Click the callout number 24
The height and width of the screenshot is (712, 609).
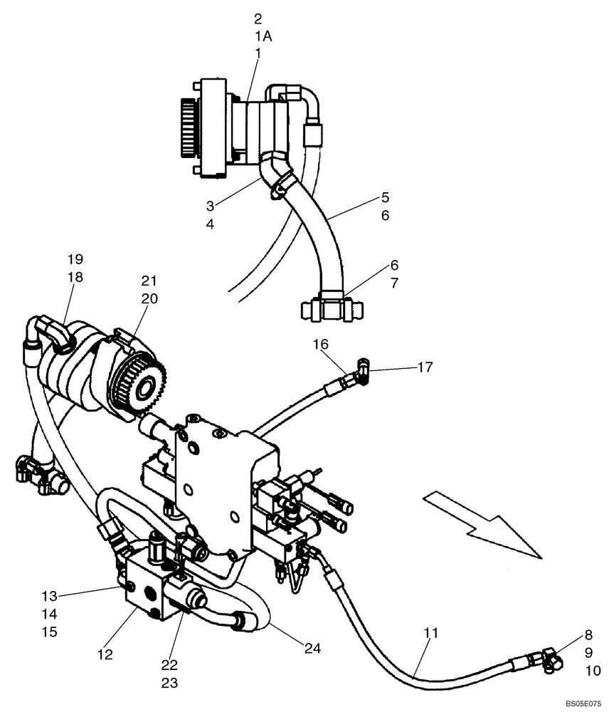point(312,648)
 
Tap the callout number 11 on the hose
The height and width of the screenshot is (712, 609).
point(431,632)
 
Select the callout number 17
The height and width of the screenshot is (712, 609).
point(425,367)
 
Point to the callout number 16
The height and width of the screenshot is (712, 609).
point(321,345)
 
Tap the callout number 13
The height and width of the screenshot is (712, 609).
point(49,596)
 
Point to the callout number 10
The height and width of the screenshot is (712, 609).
point(593,670)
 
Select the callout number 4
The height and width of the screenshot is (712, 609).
point(211,224)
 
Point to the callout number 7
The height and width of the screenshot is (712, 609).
point(393,283)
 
